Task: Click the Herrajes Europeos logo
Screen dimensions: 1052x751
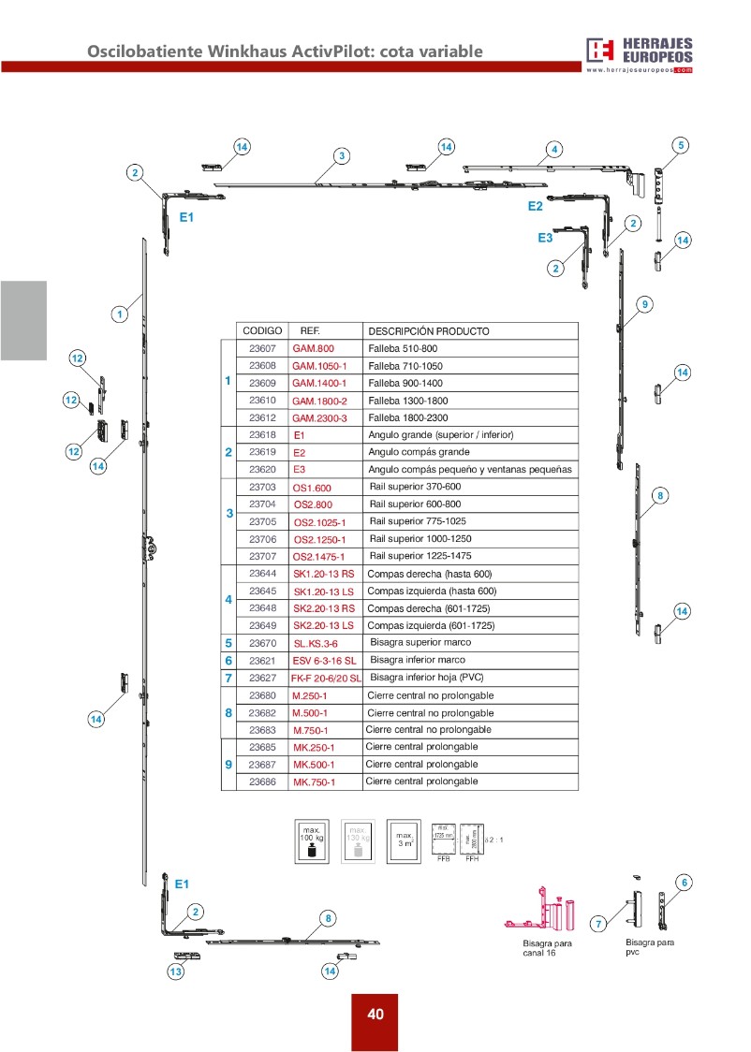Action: pos(640,54)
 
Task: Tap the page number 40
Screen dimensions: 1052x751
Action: pos(375,1015)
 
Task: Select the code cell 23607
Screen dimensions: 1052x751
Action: pos(262,348)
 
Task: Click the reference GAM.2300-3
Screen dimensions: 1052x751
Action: pos(319,418)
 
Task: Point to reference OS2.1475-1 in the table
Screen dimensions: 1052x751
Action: pos(319,557)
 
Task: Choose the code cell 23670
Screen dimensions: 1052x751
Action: pos(262,643)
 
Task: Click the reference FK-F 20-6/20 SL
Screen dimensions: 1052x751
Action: pos(326,678)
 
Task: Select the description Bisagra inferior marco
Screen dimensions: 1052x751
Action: pos(418,660)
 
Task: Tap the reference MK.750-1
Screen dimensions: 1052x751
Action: pos(314,782)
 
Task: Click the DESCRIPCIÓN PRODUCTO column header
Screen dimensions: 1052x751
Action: pos(428,331)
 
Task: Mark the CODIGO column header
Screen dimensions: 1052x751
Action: pos(262,331)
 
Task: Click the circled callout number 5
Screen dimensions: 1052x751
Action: pos(682,145)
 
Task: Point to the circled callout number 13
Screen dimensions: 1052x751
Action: pos(175,972)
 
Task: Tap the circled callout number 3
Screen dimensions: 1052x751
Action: pos(342,155)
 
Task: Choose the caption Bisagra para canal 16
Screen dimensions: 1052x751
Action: pos(547,948)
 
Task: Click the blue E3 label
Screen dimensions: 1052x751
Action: pos(545,239)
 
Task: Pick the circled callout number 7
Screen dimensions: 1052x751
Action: pos(597,924)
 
